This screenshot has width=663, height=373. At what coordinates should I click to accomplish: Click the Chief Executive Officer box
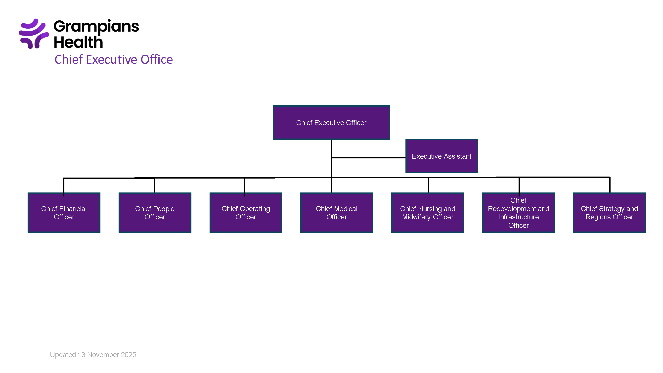[x=331, y=123]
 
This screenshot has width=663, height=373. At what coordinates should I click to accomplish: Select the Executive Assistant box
[x=442, y=156]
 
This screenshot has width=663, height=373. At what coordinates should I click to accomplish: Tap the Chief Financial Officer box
[x=64, y=213]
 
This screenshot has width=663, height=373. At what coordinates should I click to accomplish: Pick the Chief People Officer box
[x=155, y=213]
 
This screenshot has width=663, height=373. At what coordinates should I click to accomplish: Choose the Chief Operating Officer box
[x=246, y=213]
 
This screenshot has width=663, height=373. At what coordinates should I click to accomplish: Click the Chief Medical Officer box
[x=336, y=213]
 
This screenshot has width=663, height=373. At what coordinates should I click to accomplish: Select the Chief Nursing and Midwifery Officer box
[x=428, y=213]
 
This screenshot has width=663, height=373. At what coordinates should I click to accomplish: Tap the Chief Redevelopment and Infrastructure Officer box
[x=518, y=213]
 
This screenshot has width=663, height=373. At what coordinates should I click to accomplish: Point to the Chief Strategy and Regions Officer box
[x=609, y=213]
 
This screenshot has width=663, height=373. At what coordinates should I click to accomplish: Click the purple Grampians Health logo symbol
[x=34, y=34]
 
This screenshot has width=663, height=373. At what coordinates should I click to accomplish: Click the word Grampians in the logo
[x=96, y=27]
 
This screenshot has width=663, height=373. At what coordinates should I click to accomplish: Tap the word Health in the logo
[x=78, y=43]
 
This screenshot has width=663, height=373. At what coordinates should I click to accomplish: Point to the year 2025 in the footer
[x=129, y=355]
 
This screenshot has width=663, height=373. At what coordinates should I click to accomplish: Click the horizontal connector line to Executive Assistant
[x=368, y=158]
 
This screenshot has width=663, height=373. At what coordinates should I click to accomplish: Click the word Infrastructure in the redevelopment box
[x=518, y=217]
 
